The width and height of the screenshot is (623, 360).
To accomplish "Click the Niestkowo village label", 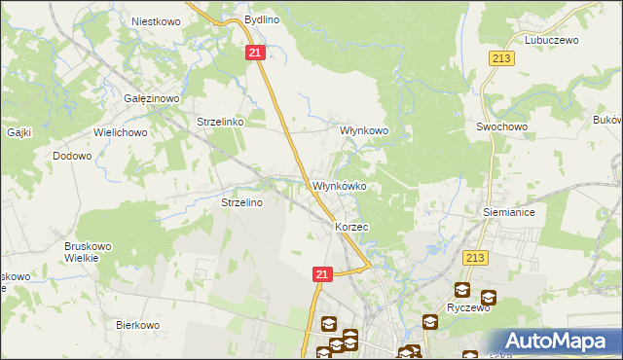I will click(x=151, y=19).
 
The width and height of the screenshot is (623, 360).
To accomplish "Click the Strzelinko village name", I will click(x=219, y=123).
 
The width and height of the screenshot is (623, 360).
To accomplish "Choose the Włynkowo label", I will click(x=363, y=129).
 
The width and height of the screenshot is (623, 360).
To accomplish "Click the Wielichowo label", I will click(x=120, y=129).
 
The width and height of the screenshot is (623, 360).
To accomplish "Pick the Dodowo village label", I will click(x=72, y=156).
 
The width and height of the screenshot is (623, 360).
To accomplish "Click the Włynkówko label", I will click(x=339, y=186).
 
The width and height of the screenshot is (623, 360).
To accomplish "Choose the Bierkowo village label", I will click(x=137, y=325).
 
